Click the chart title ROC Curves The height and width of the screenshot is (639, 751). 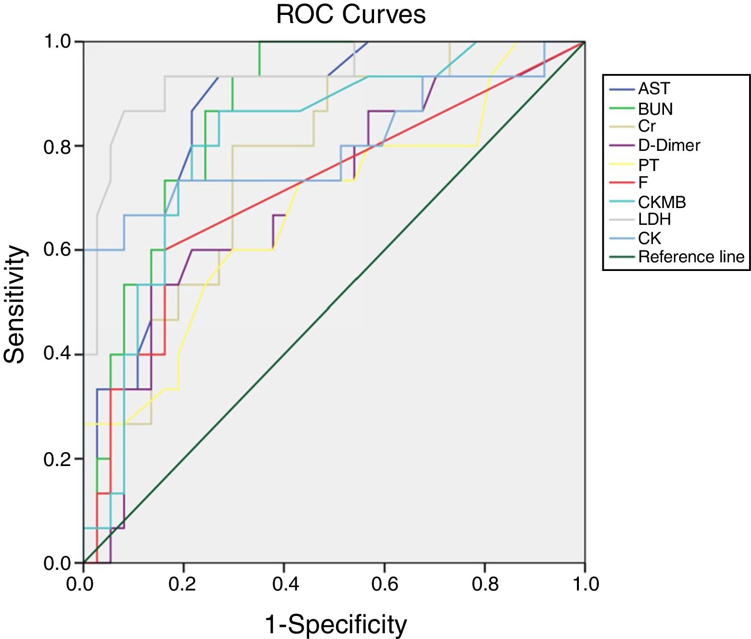click(x=350, y=14)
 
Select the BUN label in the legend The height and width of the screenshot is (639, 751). click(x=655, y=109)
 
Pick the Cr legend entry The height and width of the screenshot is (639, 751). click(x=647, y=126)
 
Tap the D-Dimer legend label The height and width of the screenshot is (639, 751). click(x=669, y=145)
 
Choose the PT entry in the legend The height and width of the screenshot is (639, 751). click(x=648, y=165)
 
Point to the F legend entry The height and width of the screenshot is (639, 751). click(x=643, y=183)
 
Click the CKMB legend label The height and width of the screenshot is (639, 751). click(x=662, y=202)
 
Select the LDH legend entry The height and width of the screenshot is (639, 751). click(x=654, y=220)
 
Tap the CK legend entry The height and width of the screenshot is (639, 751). click(x=650, y=238)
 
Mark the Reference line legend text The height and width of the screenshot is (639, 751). click(x=691, y=257)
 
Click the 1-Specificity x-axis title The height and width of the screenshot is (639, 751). click(x=336, y=625)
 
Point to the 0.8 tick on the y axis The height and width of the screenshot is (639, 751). click(x=57, y=147)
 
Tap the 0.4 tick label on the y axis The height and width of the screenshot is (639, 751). click(x=57, y=355)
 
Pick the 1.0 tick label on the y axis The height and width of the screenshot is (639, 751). click(x=57, y=42)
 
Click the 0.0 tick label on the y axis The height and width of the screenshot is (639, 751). click(x=57, y=563)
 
